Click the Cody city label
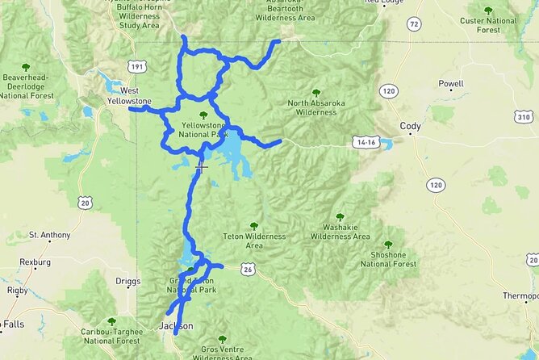click(x=411, y=126)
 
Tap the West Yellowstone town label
click(x=129, y=96)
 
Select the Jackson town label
click(x=176, y=326)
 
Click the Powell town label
click(x=451, y=84)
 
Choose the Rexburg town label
click(x=36, y=262)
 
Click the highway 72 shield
click(x=413, y=25)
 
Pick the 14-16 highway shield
click(x=364, y=142)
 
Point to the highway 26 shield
click(x=246, y=270)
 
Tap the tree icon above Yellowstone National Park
click(x=191, y=115)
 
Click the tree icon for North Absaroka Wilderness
click(x=315, y=93)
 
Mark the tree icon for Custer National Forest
click(x=488, y=10)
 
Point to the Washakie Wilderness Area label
click(x=341, y=232)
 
